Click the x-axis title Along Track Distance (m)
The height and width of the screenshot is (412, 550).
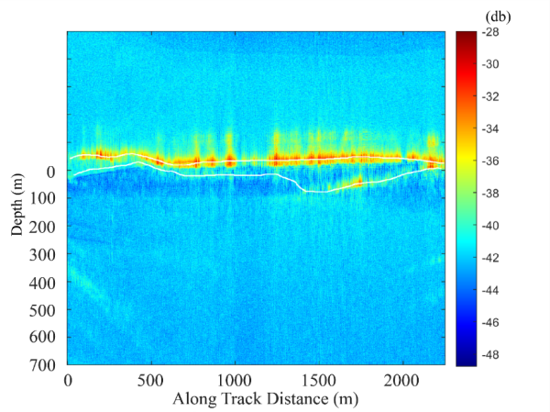(x=256, y=399)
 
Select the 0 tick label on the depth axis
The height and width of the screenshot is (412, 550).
(x=52, y=172)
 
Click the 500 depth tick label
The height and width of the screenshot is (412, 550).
(x=44, y=309)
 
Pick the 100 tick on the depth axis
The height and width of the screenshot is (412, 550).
(x=44, y=199)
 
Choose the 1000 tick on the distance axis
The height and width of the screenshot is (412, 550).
(x=235, y=379)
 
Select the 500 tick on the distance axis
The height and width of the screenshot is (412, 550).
(x=151, y=379)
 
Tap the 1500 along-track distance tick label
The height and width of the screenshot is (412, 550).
(x=318, y=379)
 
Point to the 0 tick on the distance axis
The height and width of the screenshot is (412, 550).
(x=68, y=379)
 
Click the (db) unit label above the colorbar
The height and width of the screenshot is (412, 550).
(x=500, y=17)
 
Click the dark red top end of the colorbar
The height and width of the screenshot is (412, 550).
(x=467, y=36)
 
